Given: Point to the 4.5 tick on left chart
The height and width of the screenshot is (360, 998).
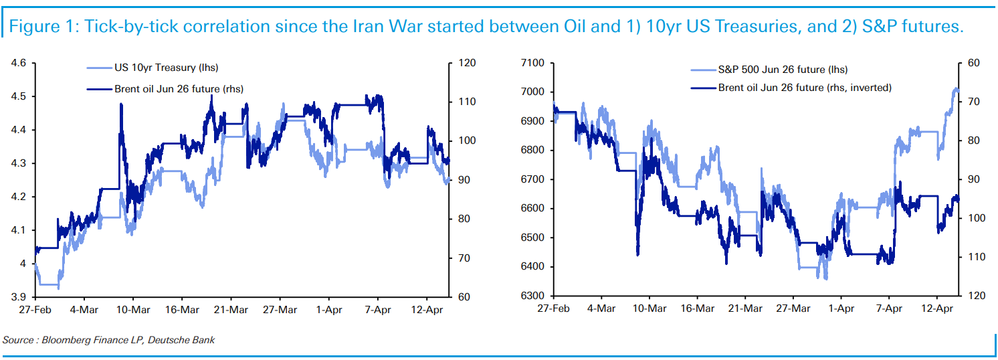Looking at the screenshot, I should (x=19, y=96).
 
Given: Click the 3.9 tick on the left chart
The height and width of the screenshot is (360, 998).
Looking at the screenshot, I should (x=19, y=297).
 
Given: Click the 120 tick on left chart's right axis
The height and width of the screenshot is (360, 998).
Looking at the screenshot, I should (x=466, y=63).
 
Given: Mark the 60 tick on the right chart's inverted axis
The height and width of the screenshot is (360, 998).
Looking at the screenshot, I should (x=973, y=63).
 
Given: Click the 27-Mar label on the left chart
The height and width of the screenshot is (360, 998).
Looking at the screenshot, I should (x=280, y=310).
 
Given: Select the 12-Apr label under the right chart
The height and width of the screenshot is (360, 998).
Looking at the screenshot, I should (x=938, y=310).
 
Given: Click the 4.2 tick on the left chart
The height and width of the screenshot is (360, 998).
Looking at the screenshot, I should (x=19, y=197).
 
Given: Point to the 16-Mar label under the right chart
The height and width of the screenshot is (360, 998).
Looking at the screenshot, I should (x=697, y=310).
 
